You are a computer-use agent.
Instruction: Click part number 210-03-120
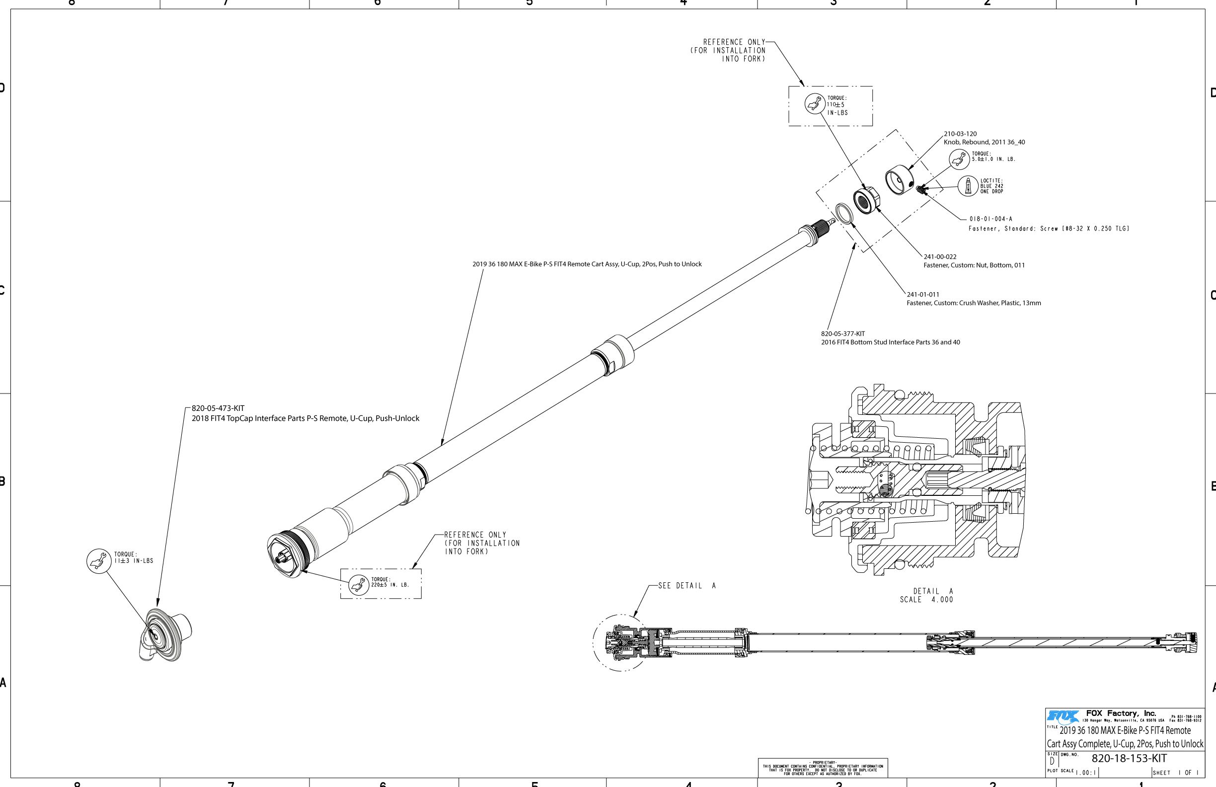click(x=960, y=134)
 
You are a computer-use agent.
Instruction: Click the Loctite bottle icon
click(x=967, y=186)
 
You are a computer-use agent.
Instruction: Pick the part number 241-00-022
click(x=940, y=256)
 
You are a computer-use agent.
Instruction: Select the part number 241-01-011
click(x=923, y=294)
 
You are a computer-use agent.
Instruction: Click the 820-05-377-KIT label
click(x=843, y=334)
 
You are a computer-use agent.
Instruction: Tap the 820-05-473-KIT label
click(x=218, y=408)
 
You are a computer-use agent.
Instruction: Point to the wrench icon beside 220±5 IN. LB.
click(x=359, y=584)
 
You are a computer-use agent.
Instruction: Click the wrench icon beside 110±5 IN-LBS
click(x=815, y=104)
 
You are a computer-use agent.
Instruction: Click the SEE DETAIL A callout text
click(x=686, y=586)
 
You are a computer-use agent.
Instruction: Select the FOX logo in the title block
click(x=1063, y=716)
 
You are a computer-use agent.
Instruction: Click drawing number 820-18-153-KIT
click(x=1129, y=758)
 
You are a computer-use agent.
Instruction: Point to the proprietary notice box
click(x=823, y=768)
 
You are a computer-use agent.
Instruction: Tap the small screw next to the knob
click(x=920, y=190)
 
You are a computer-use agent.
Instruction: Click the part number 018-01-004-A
click(x=990, y=219)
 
